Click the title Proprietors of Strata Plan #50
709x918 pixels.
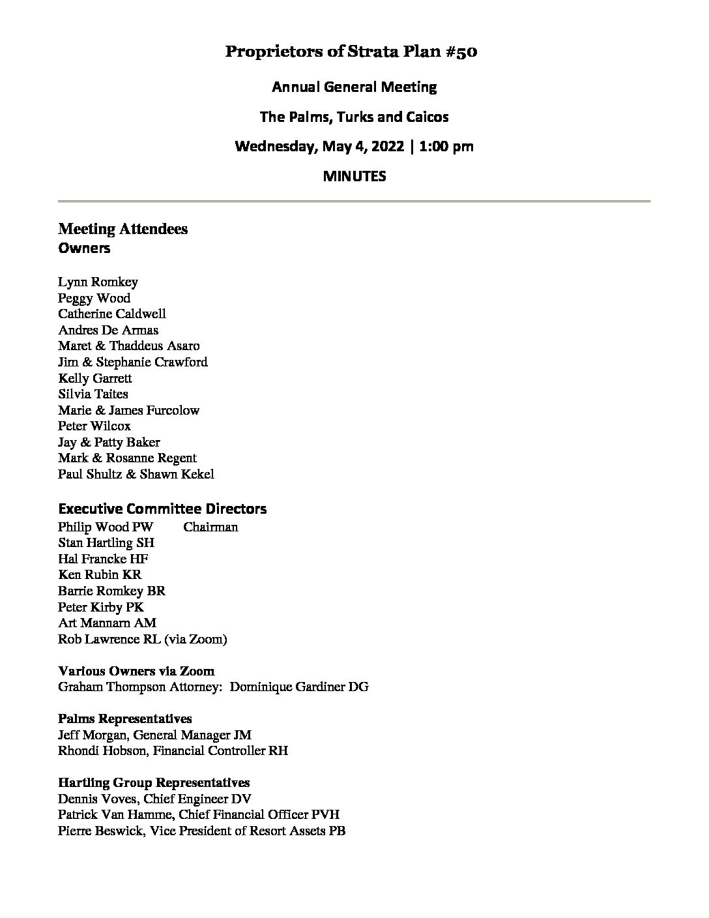point(351,52)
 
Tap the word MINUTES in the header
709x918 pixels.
point(354,176)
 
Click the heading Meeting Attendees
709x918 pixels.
point(123,229)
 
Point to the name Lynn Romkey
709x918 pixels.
point(98,282)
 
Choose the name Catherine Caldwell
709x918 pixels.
point(111,314)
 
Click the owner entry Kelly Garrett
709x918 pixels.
point(95,378)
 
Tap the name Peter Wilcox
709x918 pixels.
point(94,426)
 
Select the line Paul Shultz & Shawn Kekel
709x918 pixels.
point(136,474)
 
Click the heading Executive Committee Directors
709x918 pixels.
point(162,509)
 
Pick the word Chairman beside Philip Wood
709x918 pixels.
point(210,527)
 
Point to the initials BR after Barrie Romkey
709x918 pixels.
point(156,591)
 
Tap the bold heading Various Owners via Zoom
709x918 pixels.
point(136,671)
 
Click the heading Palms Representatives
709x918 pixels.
point(124,718)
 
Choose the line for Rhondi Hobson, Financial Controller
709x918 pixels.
point(173,750)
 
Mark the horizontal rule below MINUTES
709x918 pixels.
point(354,201)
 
